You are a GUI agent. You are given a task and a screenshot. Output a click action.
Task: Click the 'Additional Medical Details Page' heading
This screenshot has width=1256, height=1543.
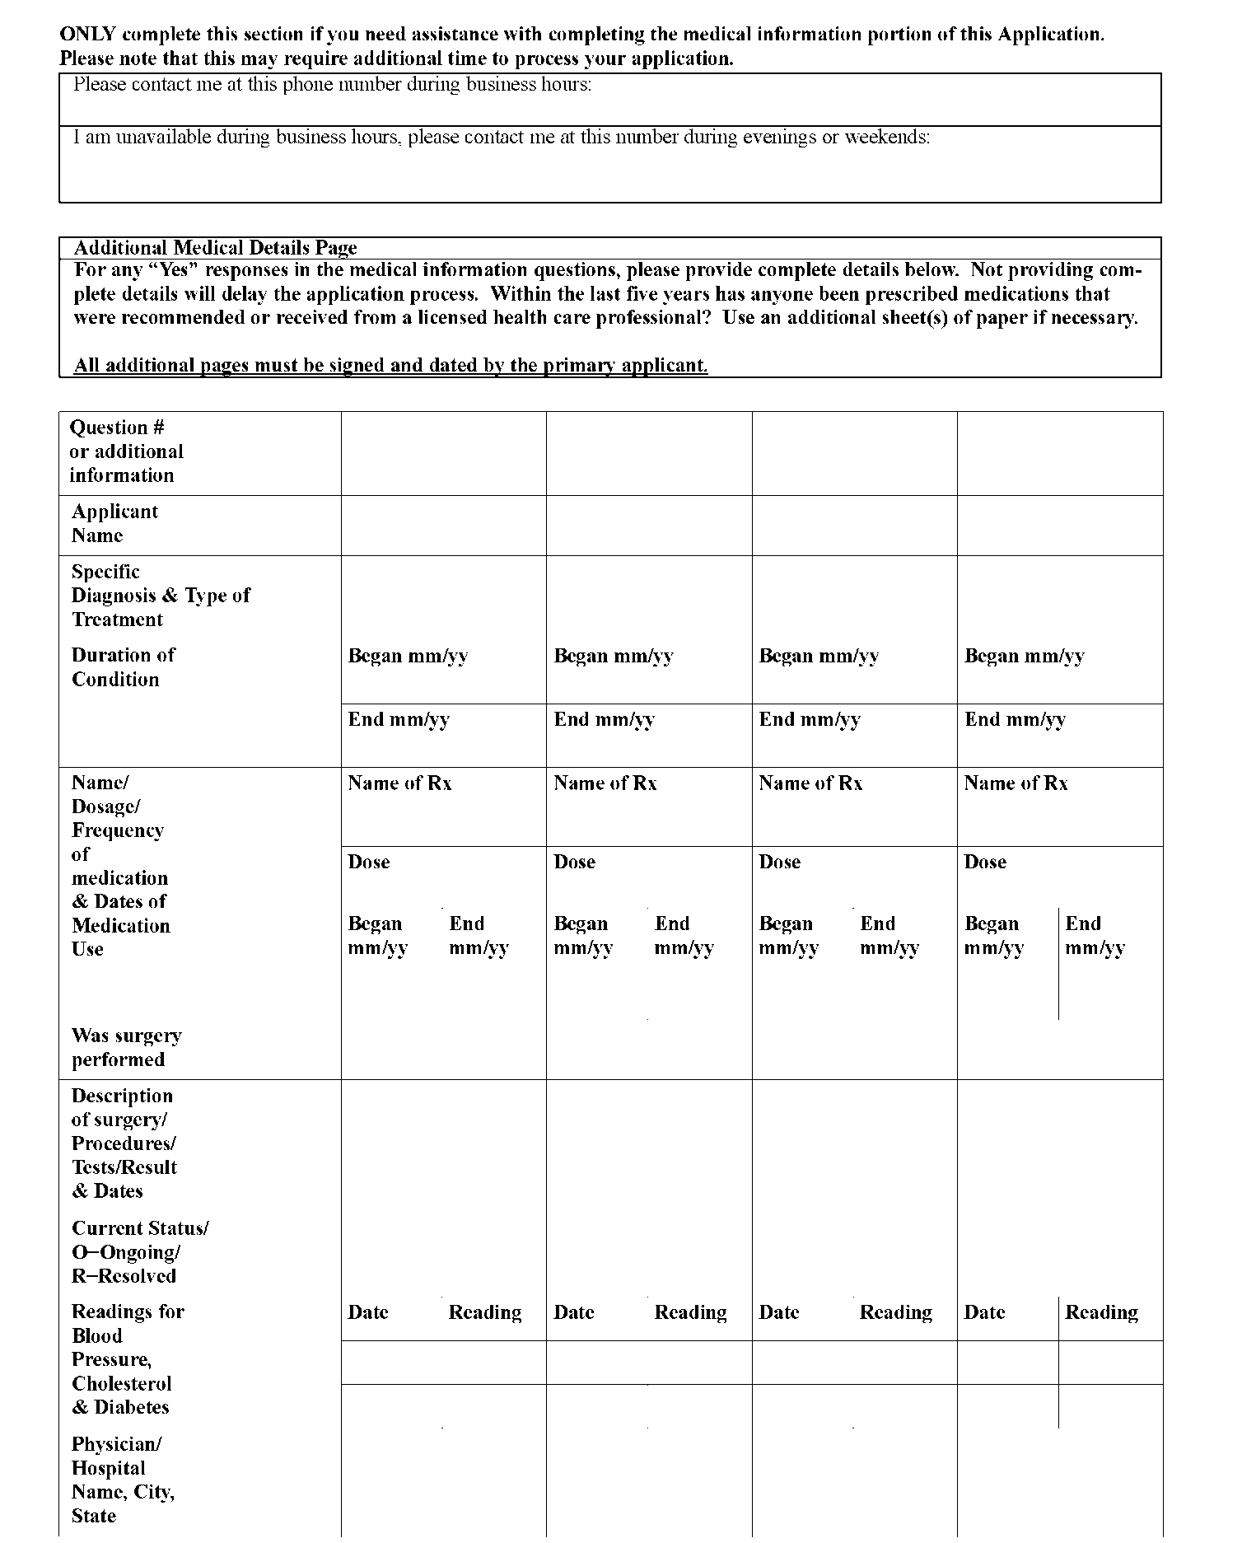tap(215, 248)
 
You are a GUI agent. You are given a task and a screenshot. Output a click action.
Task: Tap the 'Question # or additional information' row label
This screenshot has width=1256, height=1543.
tap(126, 451)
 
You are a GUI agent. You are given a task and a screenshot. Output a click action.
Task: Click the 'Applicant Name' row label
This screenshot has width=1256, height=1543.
tap(114, 524)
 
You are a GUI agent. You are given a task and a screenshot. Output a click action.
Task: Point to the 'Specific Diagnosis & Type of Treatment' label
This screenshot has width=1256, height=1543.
tap(161, 596)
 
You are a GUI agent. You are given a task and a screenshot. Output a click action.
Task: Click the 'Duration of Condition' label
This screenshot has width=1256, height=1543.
tap(123, 667)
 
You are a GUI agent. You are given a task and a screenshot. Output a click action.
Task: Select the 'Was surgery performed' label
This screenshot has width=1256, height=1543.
tap(126, 1048)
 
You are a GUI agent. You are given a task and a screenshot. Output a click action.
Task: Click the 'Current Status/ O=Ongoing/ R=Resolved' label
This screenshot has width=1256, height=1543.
tap(139, 1252)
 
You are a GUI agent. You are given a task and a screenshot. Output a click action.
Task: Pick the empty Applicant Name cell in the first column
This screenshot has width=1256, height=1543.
tap(443, 526)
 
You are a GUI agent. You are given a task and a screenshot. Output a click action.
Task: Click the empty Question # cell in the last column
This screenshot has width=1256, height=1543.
tap(1059, 453)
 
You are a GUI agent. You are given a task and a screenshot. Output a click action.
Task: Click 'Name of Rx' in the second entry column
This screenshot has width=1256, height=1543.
tap(605, 783)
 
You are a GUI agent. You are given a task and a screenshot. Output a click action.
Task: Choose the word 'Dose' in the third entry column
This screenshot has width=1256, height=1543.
tap(779, 863)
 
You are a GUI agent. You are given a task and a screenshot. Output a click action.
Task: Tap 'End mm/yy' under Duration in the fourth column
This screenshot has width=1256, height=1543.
tap(1015, 720)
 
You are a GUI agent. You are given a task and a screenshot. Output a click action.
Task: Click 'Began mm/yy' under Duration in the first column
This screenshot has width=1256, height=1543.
tap(408, 657)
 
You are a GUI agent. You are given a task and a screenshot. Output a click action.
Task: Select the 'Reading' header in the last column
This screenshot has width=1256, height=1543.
tap(1101, 1312)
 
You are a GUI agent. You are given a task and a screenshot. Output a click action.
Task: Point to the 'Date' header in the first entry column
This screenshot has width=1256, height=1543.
tap(367, 1312)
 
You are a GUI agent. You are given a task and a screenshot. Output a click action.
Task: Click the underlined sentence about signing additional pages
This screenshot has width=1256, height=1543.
tap(390, 366)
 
